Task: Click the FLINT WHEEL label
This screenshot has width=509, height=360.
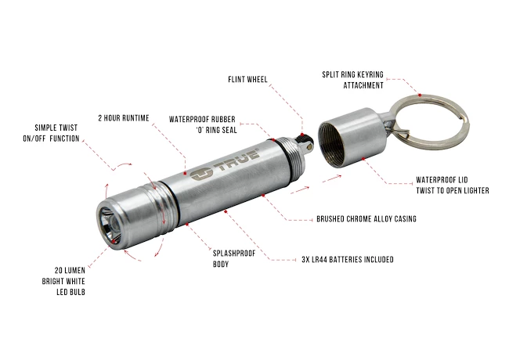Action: (247, 80)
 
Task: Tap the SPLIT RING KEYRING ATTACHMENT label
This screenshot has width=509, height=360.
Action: (353, 80)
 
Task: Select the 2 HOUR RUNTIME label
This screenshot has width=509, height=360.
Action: (124, 118)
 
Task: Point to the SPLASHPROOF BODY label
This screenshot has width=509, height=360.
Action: (234, 259)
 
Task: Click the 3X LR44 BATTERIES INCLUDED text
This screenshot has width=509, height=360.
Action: (348, 260)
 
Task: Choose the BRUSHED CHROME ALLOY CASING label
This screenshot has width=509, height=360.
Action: (366, 219)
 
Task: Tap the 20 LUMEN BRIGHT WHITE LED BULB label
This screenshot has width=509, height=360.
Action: (63, 281)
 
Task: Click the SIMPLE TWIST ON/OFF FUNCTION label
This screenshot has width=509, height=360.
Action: (51, 133)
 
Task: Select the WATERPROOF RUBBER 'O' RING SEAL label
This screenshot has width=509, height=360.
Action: (203, 124)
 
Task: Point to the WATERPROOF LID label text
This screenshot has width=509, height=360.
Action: (442, 180)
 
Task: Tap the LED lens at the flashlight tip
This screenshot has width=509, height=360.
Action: (110, 224)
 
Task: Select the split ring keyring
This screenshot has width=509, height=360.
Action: (428, 120)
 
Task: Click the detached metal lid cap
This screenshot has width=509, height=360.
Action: (352, 137)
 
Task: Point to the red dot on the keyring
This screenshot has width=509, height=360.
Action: (420, 95)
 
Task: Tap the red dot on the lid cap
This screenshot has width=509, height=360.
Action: (363, 159)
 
